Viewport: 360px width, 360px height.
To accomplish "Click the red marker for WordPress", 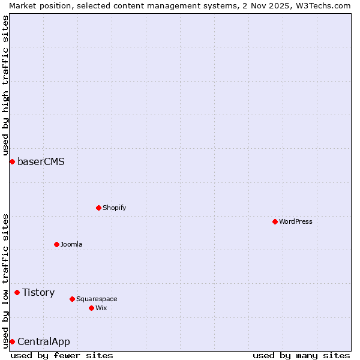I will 275,221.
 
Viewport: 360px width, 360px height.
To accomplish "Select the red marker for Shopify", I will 98,208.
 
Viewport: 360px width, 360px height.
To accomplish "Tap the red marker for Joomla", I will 56,244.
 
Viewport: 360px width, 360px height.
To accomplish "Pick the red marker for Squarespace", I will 72,299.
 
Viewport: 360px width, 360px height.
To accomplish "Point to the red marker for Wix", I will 91,308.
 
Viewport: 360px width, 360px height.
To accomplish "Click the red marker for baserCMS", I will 12,161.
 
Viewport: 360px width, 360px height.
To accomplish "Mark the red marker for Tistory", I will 17,292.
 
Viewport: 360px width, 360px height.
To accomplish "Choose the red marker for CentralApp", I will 12,341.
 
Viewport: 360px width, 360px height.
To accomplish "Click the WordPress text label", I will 296,221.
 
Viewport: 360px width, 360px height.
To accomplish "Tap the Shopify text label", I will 114,208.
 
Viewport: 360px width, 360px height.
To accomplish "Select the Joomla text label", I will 71,244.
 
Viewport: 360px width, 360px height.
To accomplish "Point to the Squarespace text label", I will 97,299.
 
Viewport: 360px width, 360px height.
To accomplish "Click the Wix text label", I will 101,308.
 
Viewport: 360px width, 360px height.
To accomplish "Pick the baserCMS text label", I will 41,161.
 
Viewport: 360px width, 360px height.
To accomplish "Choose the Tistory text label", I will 38,292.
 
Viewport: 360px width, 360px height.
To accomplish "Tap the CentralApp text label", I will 43,341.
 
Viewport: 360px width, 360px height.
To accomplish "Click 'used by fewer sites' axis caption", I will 62,355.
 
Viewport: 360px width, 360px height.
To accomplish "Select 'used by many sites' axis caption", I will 301,355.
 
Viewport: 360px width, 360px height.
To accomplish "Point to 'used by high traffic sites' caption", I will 5,85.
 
